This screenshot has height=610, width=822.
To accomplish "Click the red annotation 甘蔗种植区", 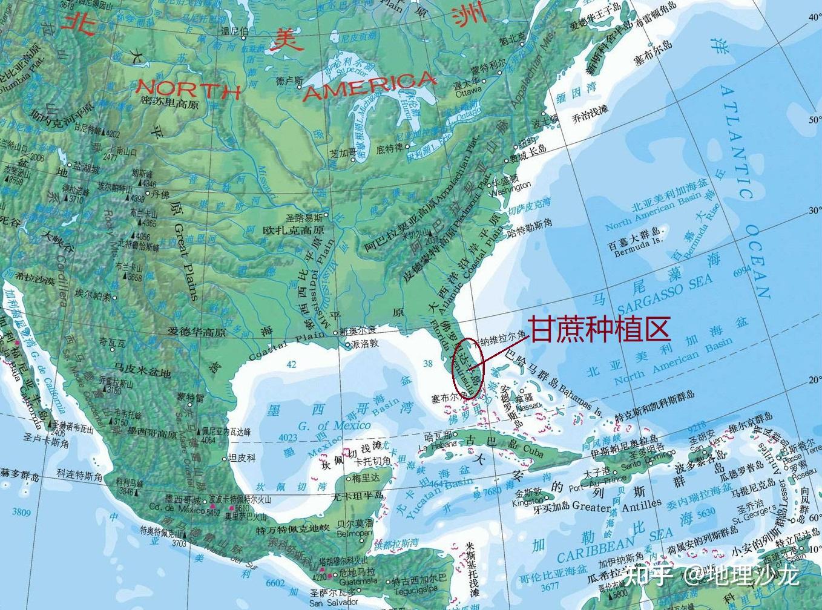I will (x=600, y=329).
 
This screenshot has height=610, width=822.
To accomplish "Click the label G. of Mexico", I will (x=334, y=425).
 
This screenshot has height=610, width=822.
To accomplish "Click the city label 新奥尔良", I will (x=358, y=331).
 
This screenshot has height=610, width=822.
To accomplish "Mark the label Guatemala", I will (x=357, y=581).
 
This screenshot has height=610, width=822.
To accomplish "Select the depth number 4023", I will (x=288, y=438).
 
